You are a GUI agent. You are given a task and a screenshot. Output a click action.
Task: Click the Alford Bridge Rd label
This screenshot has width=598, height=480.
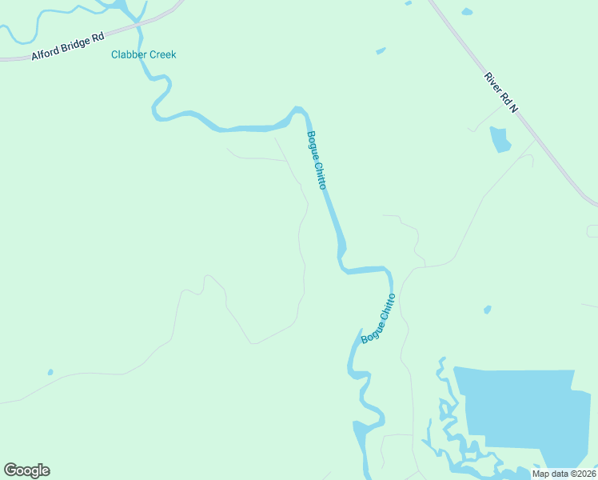(67, 46)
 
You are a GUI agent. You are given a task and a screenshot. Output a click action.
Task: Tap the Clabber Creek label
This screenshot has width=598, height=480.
(143, 55)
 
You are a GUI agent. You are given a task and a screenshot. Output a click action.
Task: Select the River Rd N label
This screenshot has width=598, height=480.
(501, 93)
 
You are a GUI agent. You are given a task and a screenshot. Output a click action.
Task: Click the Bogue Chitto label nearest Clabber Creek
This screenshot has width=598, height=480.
(317, 160)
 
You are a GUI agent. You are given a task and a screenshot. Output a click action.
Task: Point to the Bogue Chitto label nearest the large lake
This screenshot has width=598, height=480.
(379, 318)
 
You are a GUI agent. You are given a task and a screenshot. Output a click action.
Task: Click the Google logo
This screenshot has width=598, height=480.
(26, 470)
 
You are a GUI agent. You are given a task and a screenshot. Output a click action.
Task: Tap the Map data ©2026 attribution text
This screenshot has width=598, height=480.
(564, 474)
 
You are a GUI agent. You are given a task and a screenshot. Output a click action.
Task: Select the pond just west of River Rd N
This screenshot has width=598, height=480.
(500, 139)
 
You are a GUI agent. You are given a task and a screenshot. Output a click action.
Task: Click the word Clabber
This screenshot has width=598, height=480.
(128, 55)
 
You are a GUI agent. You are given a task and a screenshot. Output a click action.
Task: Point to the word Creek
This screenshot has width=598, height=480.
(161, 55)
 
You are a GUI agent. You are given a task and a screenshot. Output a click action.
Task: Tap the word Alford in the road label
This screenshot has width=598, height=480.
(45, 52)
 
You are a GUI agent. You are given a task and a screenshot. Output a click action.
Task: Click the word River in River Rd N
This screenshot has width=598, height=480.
(492, 83)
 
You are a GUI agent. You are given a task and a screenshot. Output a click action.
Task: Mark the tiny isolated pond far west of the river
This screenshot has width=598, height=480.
(50, 372)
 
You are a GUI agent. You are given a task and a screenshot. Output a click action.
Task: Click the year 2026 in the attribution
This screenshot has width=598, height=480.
(584, 474)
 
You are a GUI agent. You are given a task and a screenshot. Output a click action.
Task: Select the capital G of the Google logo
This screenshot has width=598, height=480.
(10, 470)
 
